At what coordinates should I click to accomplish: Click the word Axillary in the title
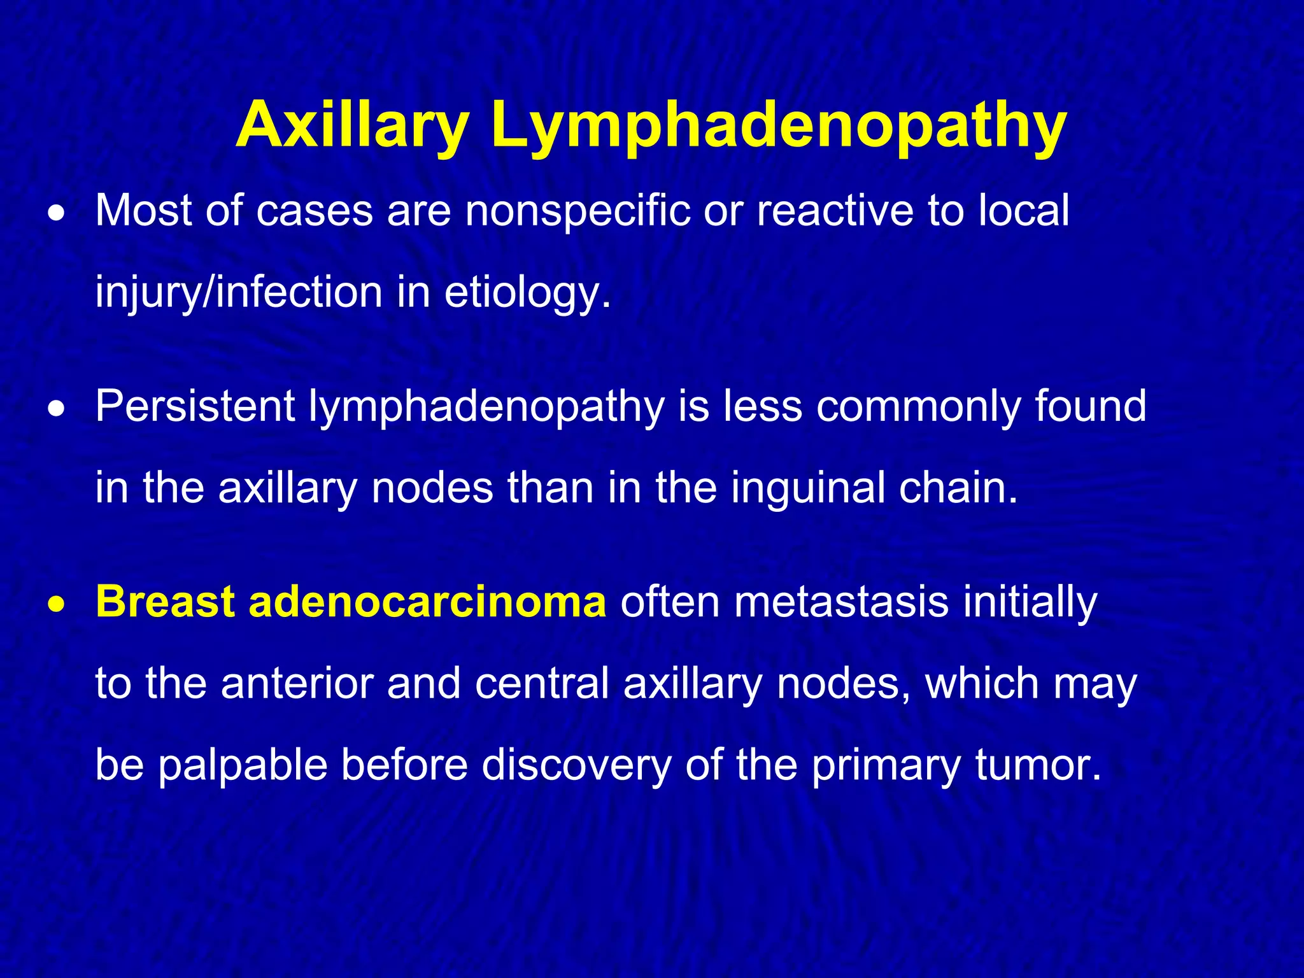(x=352, y=125)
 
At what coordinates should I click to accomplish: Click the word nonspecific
(x=577, y=212)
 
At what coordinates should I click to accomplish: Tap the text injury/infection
(x=239, y=293)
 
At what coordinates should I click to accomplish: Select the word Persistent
(x=195, y=406)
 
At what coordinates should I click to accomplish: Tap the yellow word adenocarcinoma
(x=427, y=602)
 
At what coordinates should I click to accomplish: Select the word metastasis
(x=840, y=602)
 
